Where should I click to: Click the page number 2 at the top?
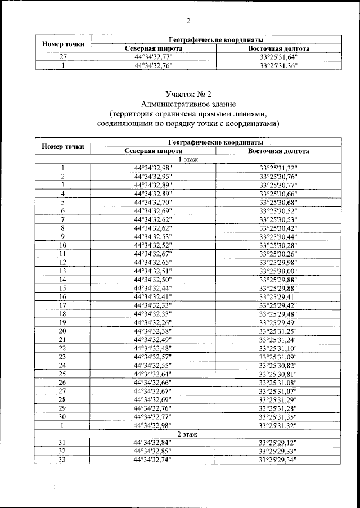188,21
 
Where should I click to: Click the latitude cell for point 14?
153,279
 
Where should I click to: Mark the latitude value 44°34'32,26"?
153,322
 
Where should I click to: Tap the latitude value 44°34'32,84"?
153,443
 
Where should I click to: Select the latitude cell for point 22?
153,348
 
